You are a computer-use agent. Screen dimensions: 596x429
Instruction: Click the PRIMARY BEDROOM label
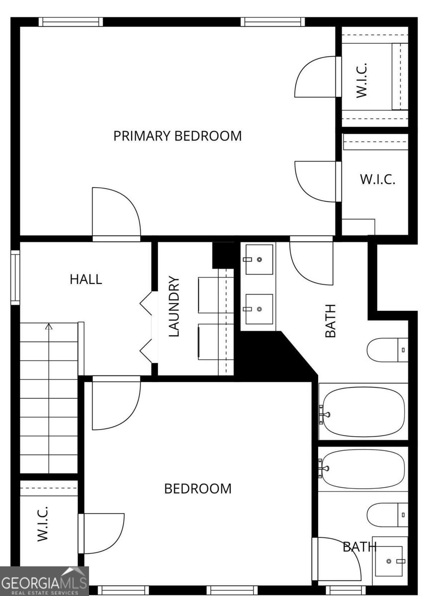click(x=177, y=136)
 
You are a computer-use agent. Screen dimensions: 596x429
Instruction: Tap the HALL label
click(x=86, y=279)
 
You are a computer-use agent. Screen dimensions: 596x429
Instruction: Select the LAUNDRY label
click(x=174, y=307)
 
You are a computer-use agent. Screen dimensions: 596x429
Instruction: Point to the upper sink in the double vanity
click(x=258, y=259)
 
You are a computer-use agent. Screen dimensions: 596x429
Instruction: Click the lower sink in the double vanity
click(x=258, y=309)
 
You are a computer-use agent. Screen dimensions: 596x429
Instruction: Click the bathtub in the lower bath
click(x=362, y=469)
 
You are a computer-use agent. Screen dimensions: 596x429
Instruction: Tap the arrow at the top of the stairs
click(x=49, y=327)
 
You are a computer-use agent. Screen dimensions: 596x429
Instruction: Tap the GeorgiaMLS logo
click(x=44, y=581)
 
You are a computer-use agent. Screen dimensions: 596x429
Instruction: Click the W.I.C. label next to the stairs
click(x=43, y=523)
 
